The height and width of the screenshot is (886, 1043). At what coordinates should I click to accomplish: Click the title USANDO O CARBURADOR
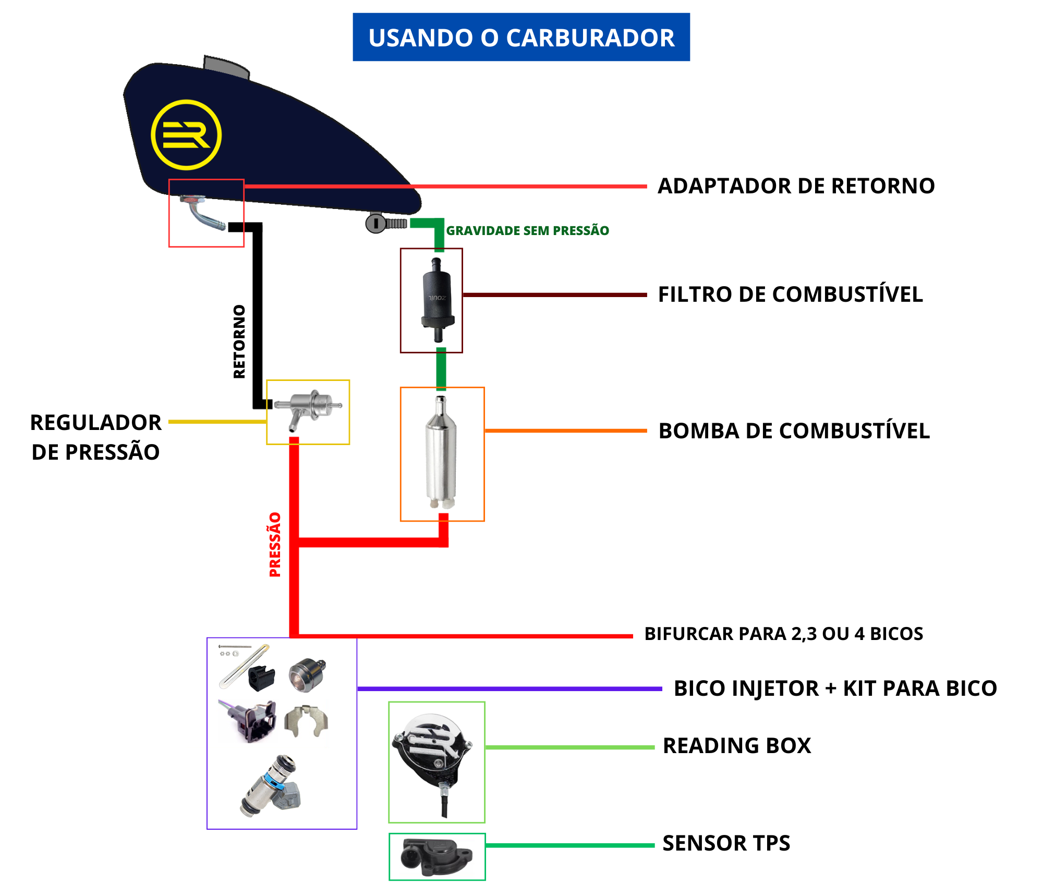pos(521,38)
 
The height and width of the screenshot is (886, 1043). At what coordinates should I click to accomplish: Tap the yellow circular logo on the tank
pos(186,135)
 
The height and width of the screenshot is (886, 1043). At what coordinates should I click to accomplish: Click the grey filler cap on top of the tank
pos(226,66)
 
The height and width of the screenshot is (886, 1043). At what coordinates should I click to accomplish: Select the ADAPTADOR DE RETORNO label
pos(796,186)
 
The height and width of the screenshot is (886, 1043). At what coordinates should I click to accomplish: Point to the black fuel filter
pos(437,300)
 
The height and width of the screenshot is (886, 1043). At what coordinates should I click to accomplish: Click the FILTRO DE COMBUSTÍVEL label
pos(790,294)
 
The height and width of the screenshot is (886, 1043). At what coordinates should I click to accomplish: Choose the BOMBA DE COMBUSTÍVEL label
pos(794,431)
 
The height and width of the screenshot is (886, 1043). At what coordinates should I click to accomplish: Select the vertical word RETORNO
pos(239,341)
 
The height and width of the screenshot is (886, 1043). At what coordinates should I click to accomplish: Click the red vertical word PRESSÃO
pos(275,545)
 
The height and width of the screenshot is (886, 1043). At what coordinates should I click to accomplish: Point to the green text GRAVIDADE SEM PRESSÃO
pos(527,231)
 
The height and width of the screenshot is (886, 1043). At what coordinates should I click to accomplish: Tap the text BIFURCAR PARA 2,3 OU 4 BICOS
pos(783,634)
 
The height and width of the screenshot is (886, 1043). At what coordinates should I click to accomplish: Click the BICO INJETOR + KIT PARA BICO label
pos(835,688)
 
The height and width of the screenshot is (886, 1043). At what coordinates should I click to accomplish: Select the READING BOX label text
pos(736,746)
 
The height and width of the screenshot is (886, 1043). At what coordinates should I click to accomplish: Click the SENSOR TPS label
pos(726,843)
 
